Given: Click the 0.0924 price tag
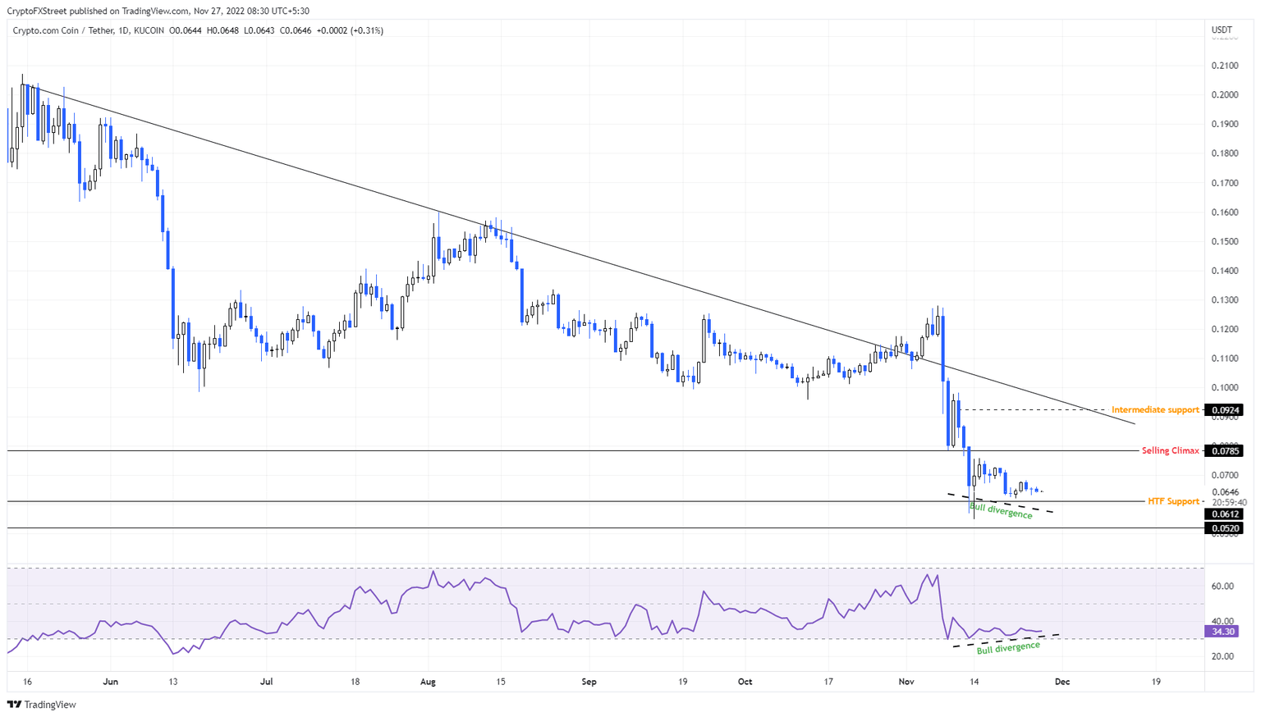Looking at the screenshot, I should click(1223, 410).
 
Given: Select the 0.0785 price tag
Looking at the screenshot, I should click(1223, 451).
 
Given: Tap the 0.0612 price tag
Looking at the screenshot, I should click(1223, 514).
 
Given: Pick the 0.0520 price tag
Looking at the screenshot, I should click(1223, 528).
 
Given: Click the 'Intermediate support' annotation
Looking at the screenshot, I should click(1155, 410).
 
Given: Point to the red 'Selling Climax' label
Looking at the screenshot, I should click(1170, 451).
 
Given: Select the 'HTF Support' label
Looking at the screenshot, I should click(1173, 501).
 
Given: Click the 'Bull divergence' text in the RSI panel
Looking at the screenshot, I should click(1008, 647).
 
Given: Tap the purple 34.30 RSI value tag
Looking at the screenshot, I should click(1222, 632).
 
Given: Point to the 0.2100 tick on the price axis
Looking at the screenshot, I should click(1224, 66).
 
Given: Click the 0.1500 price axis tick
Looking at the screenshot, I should click(1224, 242).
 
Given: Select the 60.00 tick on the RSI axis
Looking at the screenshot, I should click(1222, 587).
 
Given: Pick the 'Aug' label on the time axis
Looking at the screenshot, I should click(428, 682).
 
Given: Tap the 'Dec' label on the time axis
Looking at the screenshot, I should click(1062, 682).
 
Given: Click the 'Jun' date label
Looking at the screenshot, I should click(111, 682).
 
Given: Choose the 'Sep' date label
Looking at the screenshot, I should click(588, 682).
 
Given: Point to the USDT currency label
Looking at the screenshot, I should click(1222, 30).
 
